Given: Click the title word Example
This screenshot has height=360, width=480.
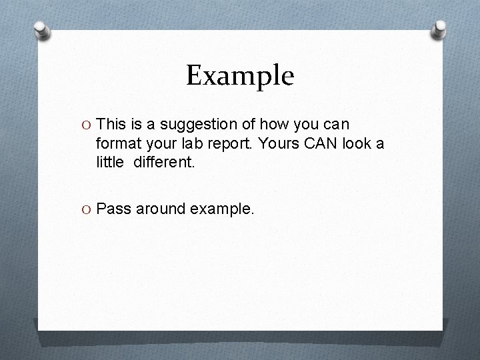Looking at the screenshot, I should [239, 76].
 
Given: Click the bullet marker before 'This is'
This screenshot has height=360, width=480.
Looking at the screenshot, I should [86, 125].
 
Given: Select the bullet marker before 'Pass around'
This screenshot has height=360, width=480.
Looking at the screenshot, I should [86, 209].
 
